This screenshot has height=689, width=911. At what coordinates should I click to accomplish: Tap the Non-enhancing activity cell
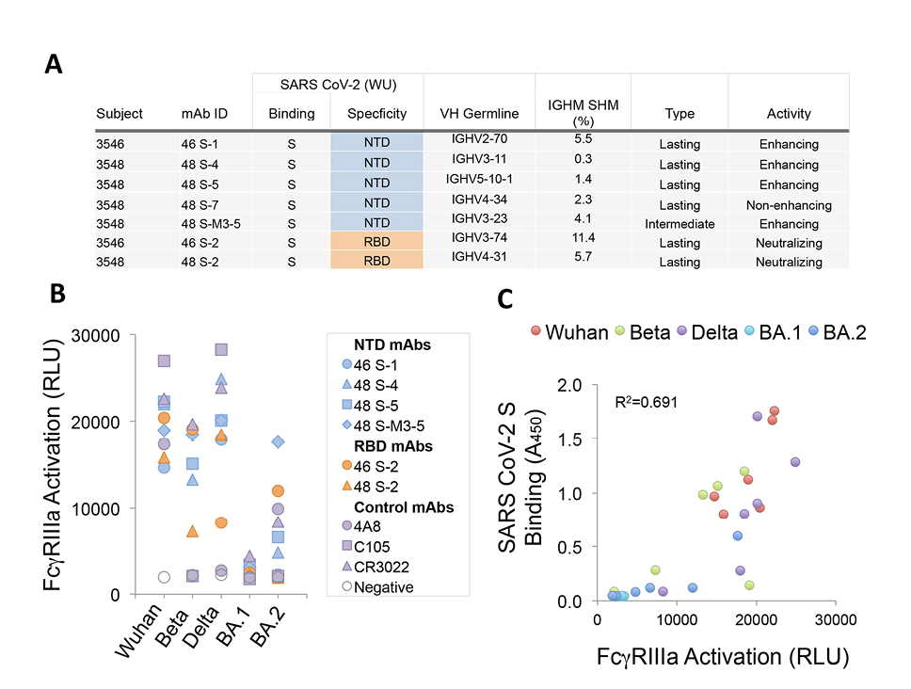(789, 204)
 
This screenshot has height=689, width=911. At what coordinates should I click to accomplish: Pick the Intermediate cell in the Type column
(679, 224)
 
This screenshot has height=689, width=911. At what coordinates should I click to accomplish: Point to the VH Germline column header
(479, 114)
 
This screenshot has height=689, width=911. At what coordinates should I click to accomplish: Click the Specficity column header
(376, 114)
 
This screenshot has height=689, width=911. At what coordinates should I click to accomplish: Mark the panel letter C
(505, 299)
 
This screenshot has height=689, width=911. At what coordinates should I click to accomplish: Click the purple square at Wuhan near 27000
(164, 361)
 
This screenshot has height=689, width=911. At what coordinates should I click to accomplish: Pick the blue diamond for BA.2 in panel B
(277, 441)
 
